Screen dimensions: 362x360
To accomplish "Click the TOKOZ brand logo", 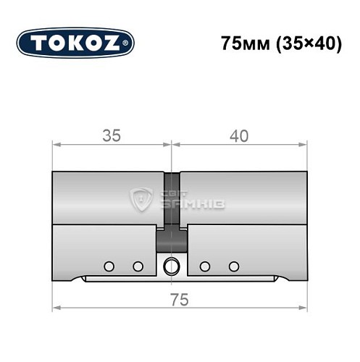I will point(75,43).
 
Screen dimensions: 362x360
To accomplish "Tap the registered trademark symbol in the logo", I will point(129,44).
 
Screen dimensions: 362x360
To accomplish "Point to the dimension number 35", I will point(111,135).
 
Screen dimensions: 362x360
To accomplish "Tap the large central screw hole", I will point(172,266).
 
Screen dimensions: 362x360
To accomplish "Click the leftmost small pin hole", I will point(109,266).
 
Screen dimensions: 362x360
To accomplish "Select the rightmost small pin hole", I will point(233,266).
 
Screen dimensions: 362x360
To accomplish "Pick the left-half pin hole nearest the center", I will point(138,266).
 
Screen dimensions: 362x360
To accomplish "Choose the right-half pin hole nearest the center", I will point(205,266).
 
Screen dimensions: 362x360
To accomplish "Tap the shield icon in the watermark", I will point(140,199).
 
